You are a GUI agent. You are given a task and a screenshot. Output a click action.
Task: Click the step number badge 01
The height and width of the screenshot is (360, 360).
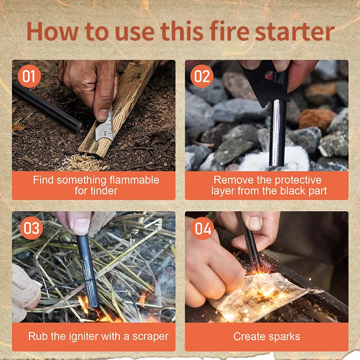click(28, 76)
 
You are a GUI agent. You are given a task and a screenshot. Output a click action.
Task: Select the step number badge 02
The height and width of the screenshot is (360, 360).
click(202, 76)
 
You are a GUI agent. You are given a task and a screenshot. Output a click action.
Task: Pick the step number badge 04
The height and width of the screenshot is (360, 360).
click(202, 229)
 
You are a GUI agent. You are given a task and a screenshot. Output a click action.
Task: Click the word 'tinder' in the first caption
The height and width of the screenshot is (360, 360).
click(96, 191)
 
